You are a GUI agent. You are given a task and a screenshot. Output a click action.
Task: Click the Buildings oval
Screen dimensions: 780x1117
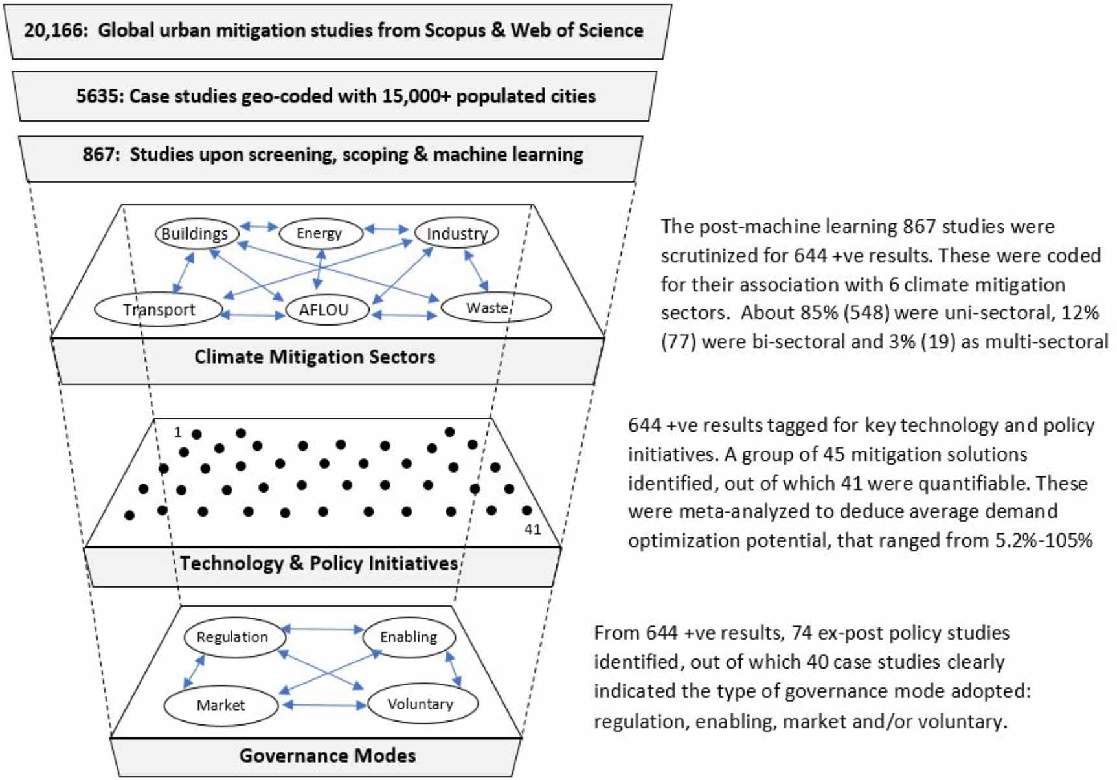pyautogui.click(x=196, y=234)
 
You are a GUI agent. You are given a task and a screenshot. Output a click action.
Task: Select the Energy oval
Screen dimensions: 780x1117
pyautogui.click(x=320, y=234)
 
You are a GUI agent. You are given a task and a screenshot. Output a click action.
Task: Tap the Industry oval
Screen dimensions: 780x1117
pyautogui.click(x=457, y=233)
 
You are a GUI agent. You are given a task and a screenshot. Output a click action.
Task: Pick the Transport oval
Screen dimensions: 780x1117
pyautogui.click(x=159, y=309)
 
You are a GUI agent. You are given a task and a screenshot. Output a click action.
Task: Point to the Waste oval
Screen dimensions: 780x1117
pyautogui.click(x=495, y=307)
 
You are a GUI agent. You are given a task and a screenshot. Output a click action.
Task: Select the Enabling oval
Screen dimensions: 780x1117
pyautogui.click(x=409, y=637)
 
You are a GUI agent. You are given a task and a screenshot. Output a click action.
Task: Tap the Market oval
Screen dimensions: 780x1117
pyautogui.click(x=221, y=705)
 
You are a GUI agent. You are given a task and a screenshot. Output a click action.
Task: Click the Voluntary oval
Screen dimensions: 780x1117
pyautogui.click(x=422, y=704)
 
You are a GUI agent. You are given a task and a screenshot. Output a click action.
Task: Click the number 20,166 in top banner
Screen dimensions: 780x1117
pyautogui.click(x=54, y=30)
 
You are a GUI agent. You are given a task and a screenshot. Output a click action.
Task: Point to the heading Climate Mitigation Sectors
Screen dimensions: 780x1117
pyautogui.click(x=315, y=357)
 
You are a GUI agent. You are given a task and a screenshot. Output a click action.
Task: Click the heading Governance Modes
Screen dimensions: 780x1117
pyautogui.click(x=327, y=755)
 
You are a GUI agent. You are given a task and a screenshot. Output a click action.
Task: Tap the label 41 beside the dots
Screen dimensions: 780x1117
pyautogui.click(x=532, y=529)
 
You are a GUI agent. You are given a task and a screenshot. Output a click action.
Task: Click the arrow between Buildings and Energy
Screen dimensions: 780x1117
pyautogui.click(x=258, y=227)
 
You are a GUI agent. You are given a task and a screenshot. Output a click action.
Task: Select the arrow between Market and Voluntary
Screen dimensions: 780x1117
pyautogui.click(x=324, y=705)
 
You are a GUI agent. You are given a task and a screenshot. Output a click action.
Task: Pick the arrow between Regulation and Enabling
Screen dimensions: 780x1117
pyautogui.click(x=322, y=629)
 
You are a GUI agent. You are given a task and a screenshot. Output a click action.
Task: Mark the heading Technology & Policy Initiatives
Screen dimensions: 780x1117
pyautogui.click(x=319, y=563)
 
